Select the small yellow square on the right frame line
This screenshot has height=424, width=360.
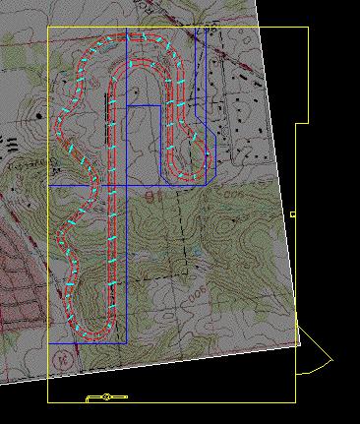293,213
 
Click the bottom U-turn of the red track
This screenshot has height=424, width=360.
93,324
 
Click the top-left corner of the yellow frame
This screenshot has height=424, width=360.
48,27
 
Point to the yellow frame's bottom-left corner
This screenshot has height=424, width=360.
48,401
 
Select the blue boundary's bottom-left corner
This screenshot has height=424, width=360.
48,342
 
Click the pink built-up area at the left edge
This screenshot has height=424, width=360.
15,266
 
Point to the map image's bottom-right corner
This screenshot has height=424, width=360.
299,348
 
